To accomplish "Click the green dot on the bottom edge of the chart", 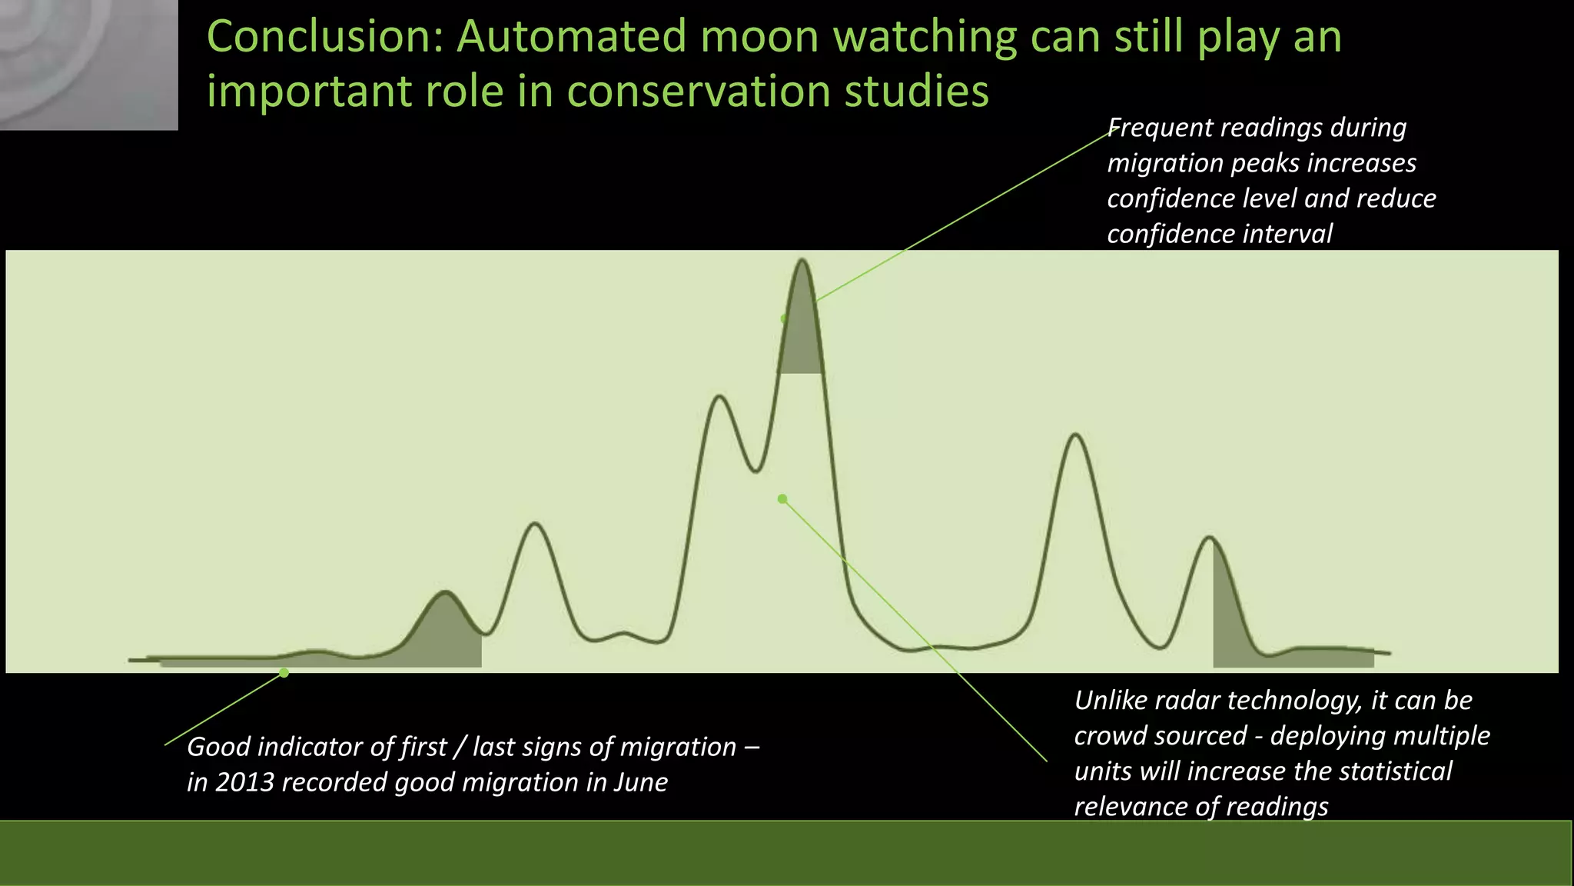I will [x=284, y=673].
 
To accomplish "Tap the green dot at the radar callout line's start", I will [x=782, y=499].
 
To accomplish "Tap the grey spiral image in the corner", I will [x=88, y=65].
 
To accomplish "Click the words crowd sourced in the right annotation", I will [x=1160, y=736].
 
